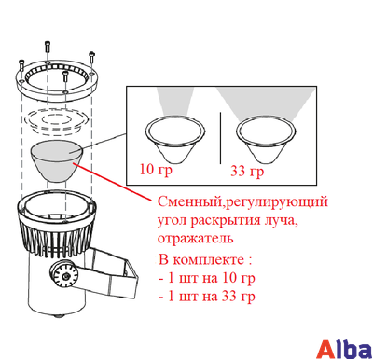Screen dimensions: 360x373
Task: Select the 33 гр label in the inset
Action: coord(247,173)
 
